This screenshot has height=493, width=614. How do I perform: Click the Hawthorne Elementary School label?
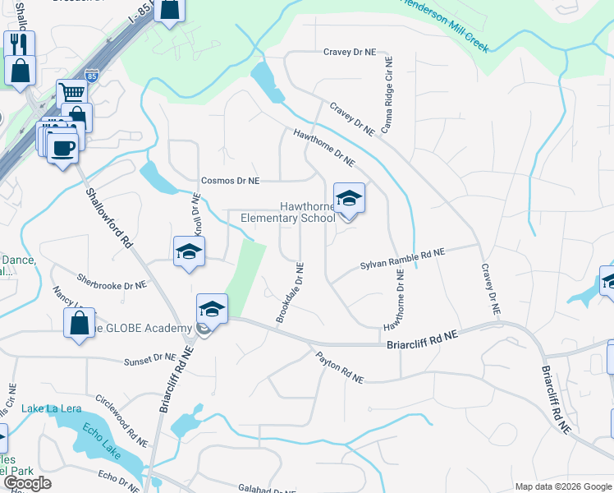coord(287,212)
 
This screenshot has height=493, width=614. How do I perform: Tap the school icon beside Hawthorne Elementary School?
coord(349,199)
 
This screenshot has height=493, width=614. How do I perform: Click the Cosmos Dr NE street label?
coord(231,181)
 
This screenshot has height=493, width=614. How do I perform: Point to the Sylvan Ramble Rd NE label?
coord(402,260)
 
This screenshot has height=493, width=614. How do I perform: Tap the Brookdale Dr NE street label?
coord(290,293)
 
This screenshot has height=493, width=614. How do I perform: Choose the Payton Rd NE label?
coord(339,367)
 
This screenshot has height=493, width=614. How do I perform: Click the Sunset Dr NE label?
coord(149,359)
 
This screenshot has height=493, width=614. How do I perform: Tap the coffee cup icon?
coord(62,148)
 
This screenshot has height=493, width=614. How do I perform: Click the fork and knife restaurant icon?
coord(19,43)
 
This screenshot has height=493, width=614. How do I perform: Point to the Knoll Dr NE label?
coord(197,215)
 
